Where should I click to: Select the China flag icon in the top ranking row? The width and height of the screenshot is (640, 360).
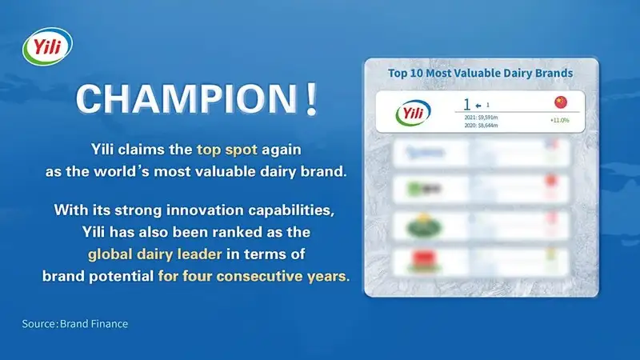[559, 103]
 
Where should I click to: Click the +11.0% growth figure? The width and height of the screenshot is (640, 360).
[559, 120]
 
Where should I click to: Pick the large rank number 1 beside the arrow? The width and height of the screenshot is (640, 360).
[467, 104]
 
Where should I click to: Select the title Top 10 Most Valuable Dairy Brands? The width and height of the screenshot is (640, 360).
[480, 73]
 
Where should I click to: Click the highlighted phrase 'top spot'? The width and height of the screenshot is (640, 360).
[226, 150]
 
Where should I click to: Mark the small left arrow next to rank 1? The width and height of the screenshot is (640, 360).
[478, 105]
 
